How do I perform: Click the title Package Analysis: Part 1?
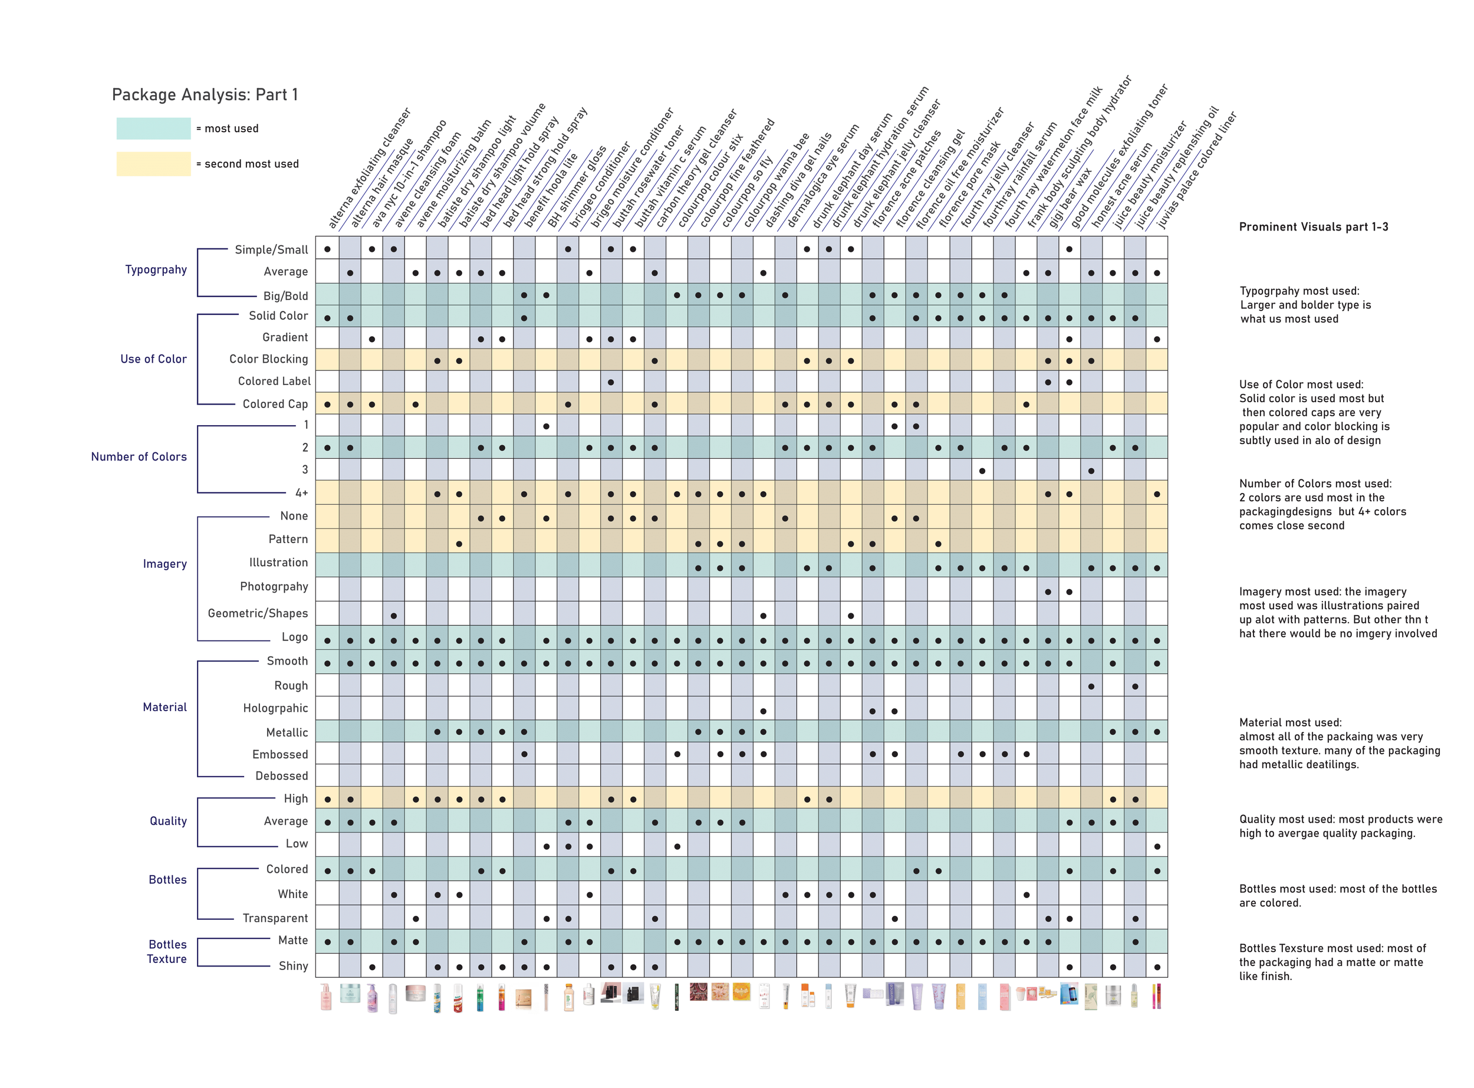click(205, 95)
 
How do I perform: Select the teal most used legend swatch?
click(153, 129)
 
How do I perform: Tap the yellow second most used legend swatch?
click(153, 164)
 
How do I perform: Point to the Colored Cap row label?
click(275, 404)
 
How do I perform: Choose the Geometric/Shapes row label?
click(258, 613)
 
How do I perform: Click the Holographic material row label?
click(275, 708)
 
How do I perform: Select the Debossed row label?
click(281, 776)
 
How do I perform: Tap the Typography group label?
click(156, 269)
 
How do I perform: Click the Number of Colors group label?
click(139, 456)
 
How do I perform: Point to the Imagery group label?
click(164, 564)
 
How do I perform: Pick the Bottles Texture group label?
click(167, 952)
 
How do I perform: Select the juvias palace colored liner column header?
click(1197, 170)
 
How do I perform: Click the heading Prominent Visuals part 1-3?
click(1314, 226)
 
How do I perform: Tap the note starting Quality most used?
click(1340, 826)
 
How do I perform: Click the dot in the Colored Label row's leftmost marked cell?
click(611, 382)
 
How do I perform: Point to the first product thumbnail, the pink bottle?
click(326, 997)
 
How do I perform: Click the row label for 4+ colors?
click(301, 492)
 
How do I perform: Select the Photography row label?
click(274, 586)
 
